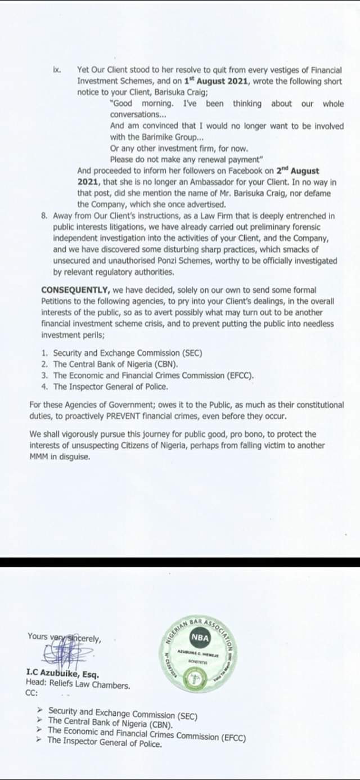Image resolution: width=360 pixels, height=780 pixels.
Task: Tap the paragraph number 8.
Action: point(44,216)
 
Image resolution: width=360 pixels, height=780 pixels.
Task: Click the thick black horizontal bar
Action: point(180,561)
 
